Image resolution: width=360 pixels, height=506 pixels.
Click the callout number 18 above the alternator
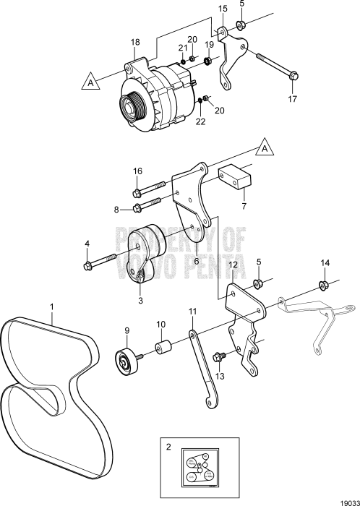pyautogui.click(x=134, y=43)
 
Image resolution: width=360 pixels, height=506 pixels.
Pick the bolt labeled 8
pyautogui.click(x=138, y=210)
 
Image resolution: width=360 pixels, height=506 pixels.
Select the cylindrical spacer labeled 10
pyautogui.click(x=162, y=348)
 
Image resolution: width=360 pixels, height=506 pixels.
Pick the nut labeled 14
pyautogui.click(x=325, y=283)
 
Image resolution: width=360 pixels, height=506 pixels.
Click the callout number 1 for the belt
pyautogui.click(x=51, y=307)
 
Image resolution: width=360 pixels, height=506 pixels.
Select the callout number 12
pyautogui.click(x=233, y=266)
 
